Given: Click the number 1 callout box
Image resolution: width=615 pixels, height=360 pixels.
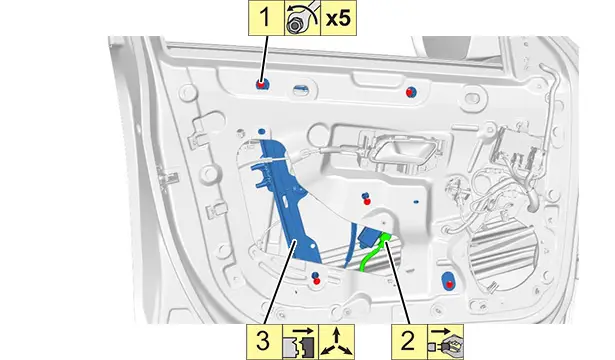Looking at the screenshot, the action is coord(266,18).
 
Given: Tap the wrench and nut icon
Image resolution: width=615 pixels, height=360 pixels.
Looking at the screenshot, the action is coord(302,18).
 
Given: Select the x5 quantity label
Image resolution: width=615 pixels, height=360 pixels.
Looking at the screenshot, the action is coord(338,18).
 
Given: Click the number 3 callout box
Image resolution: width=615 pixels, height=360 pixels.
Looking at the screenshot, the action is coord(264,342).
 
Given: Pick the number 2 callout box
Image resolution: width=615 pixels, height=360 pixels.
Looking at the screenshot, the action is coord(409,342).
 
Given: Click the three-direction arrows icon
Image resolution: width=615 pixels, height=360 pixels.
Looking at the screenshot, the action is coord(337,342).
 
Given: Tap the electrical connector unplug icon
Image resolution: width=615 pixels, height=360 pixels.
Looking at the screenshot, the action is coord(445,342).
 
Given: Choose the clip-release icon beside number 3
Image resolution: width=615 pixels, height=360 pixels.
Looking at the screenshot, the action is coord(300,342).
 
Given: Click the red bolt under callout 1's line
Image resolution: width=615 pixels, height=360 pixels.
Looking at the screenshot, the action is coord(261,84).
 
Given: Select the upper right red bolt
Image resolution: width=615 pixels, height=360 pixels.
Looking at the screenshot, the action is coord(409,92).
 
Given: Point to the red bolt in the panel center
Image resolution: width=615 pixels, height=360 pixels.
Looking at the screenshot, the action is coord(367,202).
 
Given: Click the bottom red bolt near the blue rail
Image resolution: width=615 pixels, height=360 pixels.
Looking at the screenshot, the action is coord(317,281).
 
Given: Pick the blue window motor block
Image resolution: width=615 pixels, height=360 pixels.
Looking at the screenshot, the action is coord(369,236).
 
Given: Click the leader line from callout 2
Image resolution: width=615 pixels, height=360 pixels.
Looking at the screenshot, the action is coord(398,283).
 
